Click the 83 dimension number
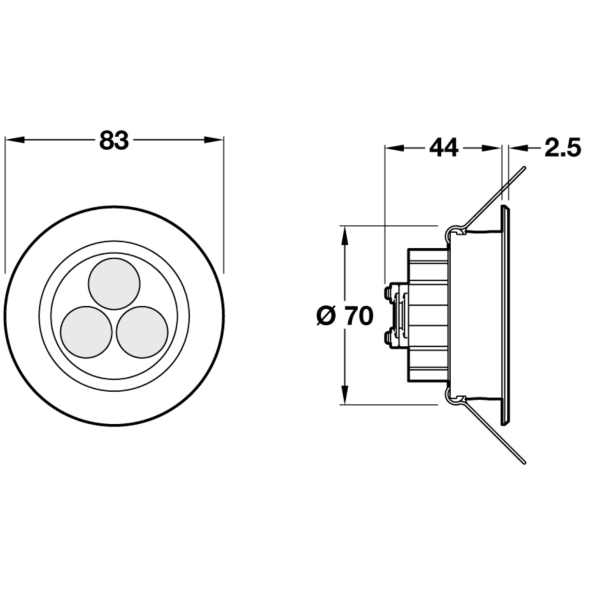click(x=114, y=140)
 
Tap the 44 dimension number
click(x=444, y=147)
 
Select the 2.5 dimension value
click(x=563, y=147)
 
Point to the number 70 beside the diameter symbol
click(x=359, y=316)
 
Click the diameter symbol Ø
click(x=326, y=316)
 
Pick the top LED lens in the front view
click(x=114, y=284)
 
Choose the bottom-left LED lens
click(x=86, y=332)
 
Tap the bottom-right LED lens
click(x=142, y=332)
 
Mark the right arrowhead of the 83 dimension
click(x=214, y=140)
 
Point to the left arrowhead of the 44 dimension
click(x=394, y=148)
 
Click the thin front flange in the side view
click(x=506, y=316)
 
